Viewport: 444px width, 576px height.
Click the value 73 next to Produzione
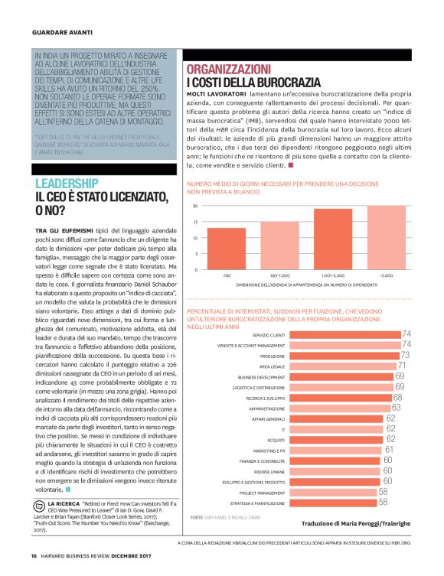[405, 356]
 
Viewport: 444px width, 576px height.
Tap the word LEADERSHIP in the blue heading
[67, 183]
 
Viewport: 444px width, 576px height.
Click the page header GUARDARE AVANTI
[62, 32]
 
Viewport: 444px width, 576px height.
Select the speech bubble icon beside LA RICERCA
[40, 503]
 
